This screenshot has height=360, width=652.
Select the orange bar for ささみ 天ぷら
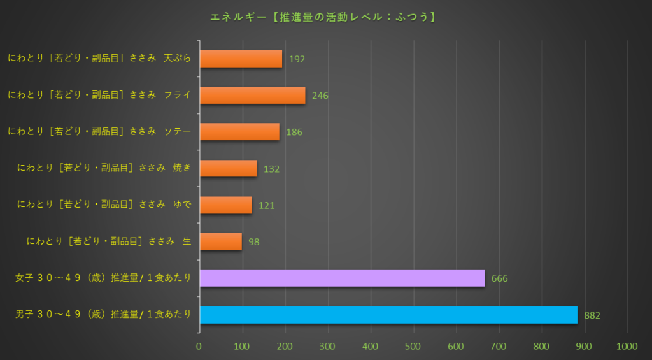(241, 59)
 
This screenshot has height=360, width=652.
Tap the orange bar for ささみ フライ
(252, 96)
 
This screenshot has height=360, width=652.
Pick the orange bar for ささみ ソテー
(239, 132)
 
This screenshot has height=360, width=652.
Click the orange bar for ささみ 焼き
(228, 168)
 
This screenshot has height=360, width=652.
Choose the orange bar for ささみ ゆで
(225, 205)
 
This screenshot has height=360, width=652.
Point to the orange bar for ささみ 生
(220, 241)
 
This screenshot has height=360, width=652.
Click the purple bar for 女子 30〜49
(342, 278)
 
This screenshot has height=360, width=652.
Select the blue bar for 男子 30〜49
(388, 315)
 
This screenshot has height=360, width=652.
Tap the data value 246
(320, 96)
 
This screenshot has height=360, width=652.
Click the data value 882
(592, 315)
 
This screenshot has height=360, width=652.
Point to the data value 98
(254, 242)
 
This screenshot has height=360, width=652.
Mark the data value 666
(499, 279)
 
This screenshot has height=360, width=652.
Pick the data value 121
(267, 206)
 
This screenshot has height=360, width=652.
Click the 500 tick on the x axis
(413, 346)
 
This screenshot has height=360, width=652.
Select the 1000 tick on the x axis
(627, 346)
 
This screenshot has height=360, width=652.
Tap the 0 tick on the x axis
(199, 346)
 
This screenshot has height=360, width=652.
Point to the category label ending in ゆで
(104, 205)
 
